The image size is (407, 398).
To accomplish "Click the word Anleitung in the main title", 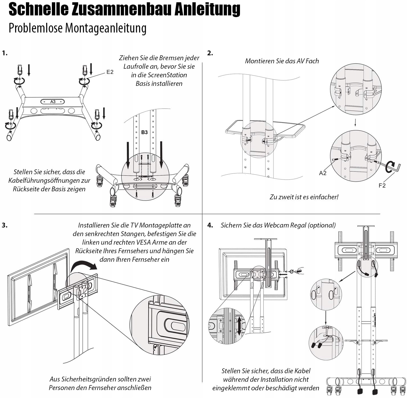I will (207, 9).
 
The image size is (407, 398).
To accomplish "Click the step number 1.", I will (5, 53).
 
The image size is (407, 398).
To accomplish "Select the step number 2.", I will (210, 53).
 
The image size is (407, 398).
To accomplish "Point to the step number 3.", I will (5, 225).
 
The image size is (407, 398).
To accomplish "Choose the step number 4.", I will (210, 225).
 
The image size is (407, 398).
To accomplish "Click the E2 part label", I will (110, 72).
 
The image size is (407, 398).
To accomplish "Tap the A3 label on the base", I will (53, 102).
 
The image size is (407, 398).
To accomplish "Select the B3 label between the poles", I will (145, 132).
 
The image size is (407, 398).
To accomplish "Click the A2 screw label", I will (323, 173).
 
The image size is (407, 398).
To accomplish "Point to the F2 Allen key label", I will (382, 186).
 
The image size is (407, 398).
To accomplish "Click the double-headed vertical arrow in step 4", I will (239, 326).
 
